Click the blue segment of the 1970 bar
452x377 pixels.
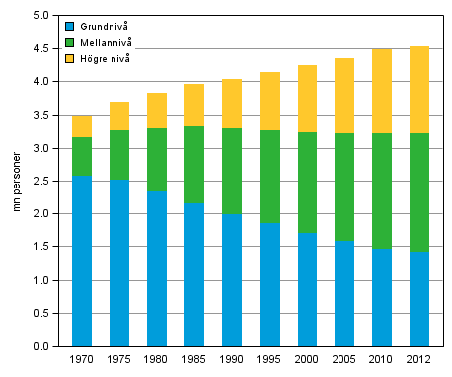pos(83,260)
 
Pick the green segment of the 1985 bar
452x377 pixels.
pos(193,165)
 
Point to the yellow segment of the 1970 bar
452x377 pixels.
pos(83,126)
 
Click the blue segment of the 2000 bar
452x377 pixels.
pos(306,289)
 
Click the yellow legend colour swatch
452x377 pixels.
pos(69,59)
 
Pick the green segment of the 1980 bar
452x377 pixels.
pos(156,160)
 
